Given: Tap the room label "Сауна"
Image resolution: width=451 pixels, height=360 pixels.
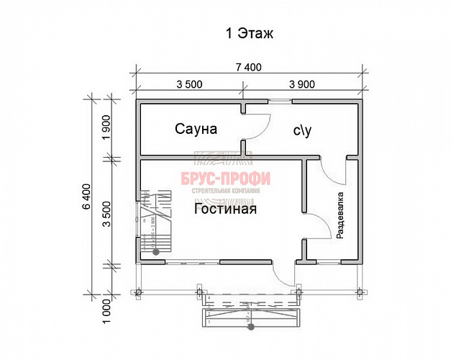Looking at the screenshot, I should tap(196, 129).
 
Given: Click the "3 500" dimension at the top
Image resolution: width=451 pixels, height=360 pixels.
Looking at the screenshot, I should tap(188, 84).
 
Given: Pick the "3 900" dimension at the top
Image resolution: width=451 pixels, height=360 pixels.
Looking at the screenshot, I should tap(301, 84).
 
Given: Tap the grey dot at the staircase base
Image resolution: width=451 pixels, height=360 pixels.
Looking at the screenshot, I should tap(155, 252).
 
